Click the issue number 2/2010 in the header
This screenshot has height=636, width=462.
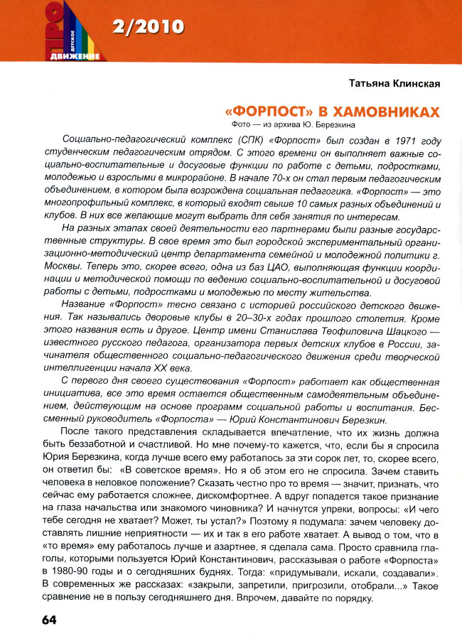(x=148, y=28)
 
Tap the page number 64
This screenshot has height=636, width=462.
(x=29, y=620)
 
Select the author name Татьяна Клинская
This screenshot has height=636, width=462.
(x=394, y=84)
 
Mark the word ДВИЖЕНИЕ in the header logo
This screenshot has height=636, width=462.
(x=75, y=55)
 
